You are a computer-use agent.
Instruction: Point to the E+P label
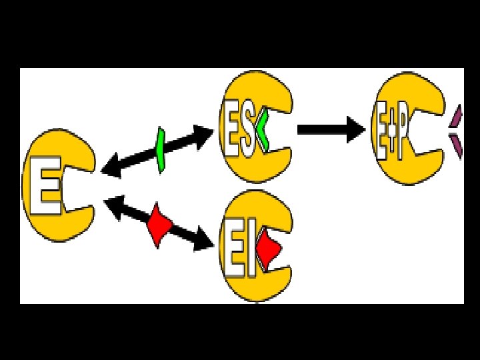click(393, 137)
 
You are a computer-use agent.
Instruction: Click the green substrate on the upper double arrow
click(160, 149)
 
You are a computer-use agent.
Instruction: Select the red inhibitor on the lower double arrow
click(159, 225)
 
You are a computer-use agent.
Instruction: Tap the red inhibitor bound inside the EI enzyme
click(269, 249)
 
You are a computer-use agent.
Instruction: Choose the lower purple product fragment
click(457, 145)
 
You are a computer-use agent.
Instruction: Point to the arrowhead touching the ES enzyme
click(205, 133)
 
